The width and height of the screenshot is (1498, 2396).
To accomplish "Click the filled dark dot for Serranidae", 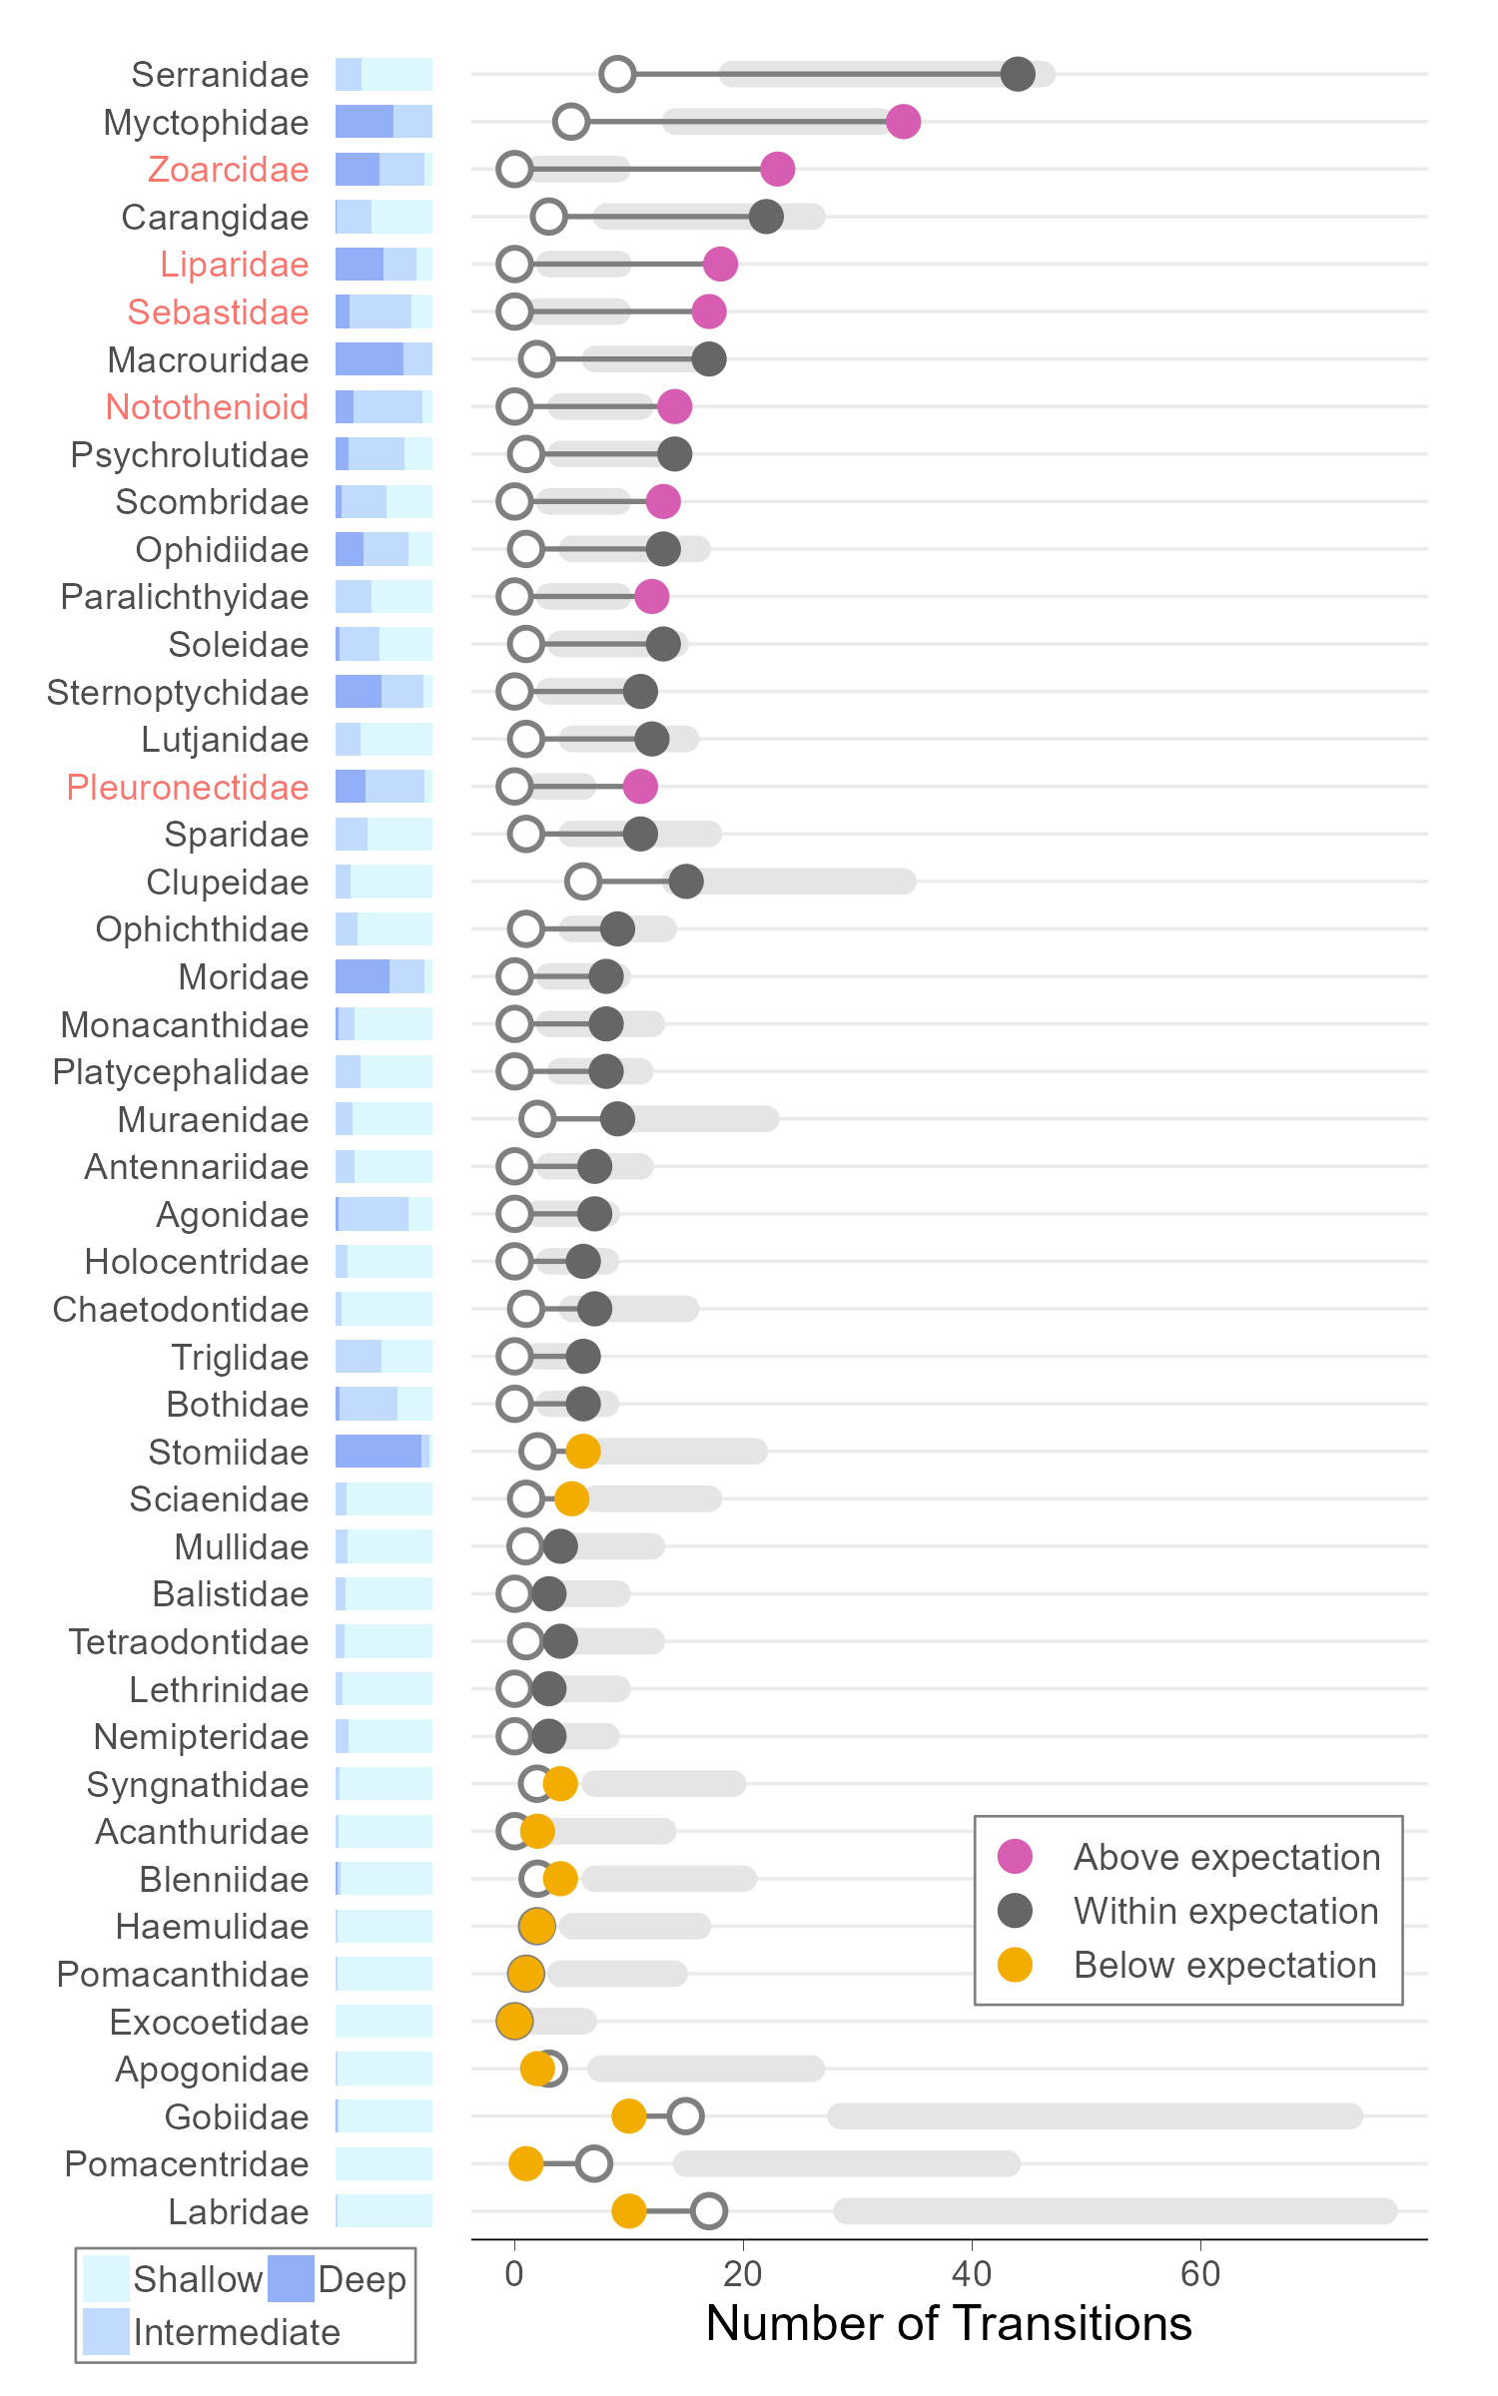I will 1017,74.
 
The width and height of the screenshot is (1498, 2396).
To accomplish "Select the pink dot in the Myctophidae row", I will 903,122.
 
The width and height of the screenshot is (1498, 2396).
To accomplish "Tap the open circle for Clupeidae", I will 582,882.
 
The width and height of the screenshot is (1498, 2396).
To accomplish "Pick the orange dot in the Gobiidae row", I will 628,2115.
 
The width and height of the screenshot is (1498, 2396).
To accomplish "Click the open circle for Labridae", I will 708,2210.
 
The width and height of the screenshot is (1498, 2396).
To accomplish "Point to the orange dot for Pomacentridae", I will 525,2163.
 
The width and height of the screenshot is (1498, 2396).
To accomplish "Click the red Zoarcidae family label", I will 228,170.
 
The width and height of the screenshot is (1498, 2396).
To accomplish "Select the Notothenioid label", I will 207,407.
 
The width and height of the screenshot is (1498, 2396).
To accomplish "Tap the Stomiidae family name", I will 228,1453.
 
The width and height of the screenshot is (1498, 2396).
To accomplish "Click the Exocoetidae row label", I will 209,2023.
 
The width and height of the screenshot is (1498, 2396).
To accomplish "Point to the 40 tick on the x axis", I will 971,2274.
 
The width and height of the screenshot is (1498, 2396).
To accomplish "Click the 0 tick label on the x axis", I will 514,2274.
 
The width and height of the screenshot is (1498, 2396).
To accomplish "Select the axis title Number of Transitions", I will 949,2323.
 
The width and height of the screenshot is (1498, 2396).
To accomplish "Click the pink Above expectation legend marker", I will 1015,1857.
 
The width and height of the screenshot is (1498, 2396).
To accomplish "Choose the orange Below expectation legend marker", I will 1015,1965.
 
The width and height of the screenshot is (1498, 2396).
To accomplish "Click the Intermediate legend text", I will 237,2333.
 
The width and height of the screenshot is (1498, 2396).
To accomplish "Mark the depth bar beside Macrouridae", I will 383,359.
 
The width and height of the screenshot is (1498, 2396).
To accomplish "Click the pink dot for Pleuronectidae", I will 640,787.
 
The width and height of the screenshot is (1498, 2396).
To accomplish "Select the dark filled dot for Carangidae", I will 766,217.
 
